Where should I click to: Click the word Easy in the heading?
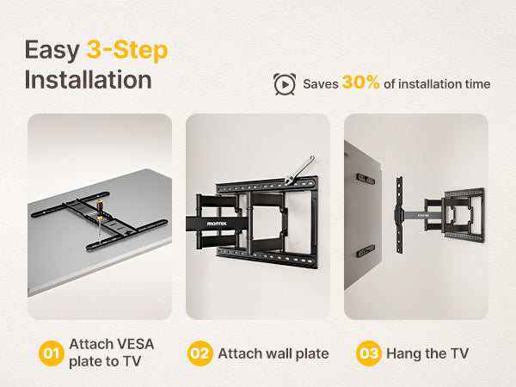(52, 51)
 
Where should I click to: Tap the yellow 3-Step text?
(127, 51)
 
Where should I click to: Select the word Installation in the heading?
(89, 80)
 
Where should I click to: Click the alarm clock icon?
(285, 84)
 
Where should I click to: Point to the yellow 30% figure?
(360, 83)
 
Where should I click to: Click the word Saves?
(321, 84)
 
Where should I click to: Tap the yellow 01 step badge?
(51, 353)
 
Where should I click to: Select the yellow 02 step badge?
(200, 353)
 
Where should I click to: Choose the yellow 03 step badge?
(369, 353)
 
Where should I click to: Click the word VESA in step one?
(135, 344)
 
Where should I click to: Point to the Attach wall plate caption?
(273, 353)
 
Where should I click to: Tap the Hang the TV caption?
(427, 353)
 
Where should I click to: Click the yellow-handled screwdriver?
(99, 216)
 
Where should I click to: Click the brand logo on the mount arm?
(217, 224)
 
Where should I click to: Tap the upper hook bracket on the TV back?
(365, 179)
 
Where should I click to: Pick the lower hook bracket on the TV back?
(365, 251)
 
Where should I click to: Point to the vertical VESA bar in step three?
(400, 215)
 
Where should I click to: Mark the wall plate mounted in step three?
(464, 216)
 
